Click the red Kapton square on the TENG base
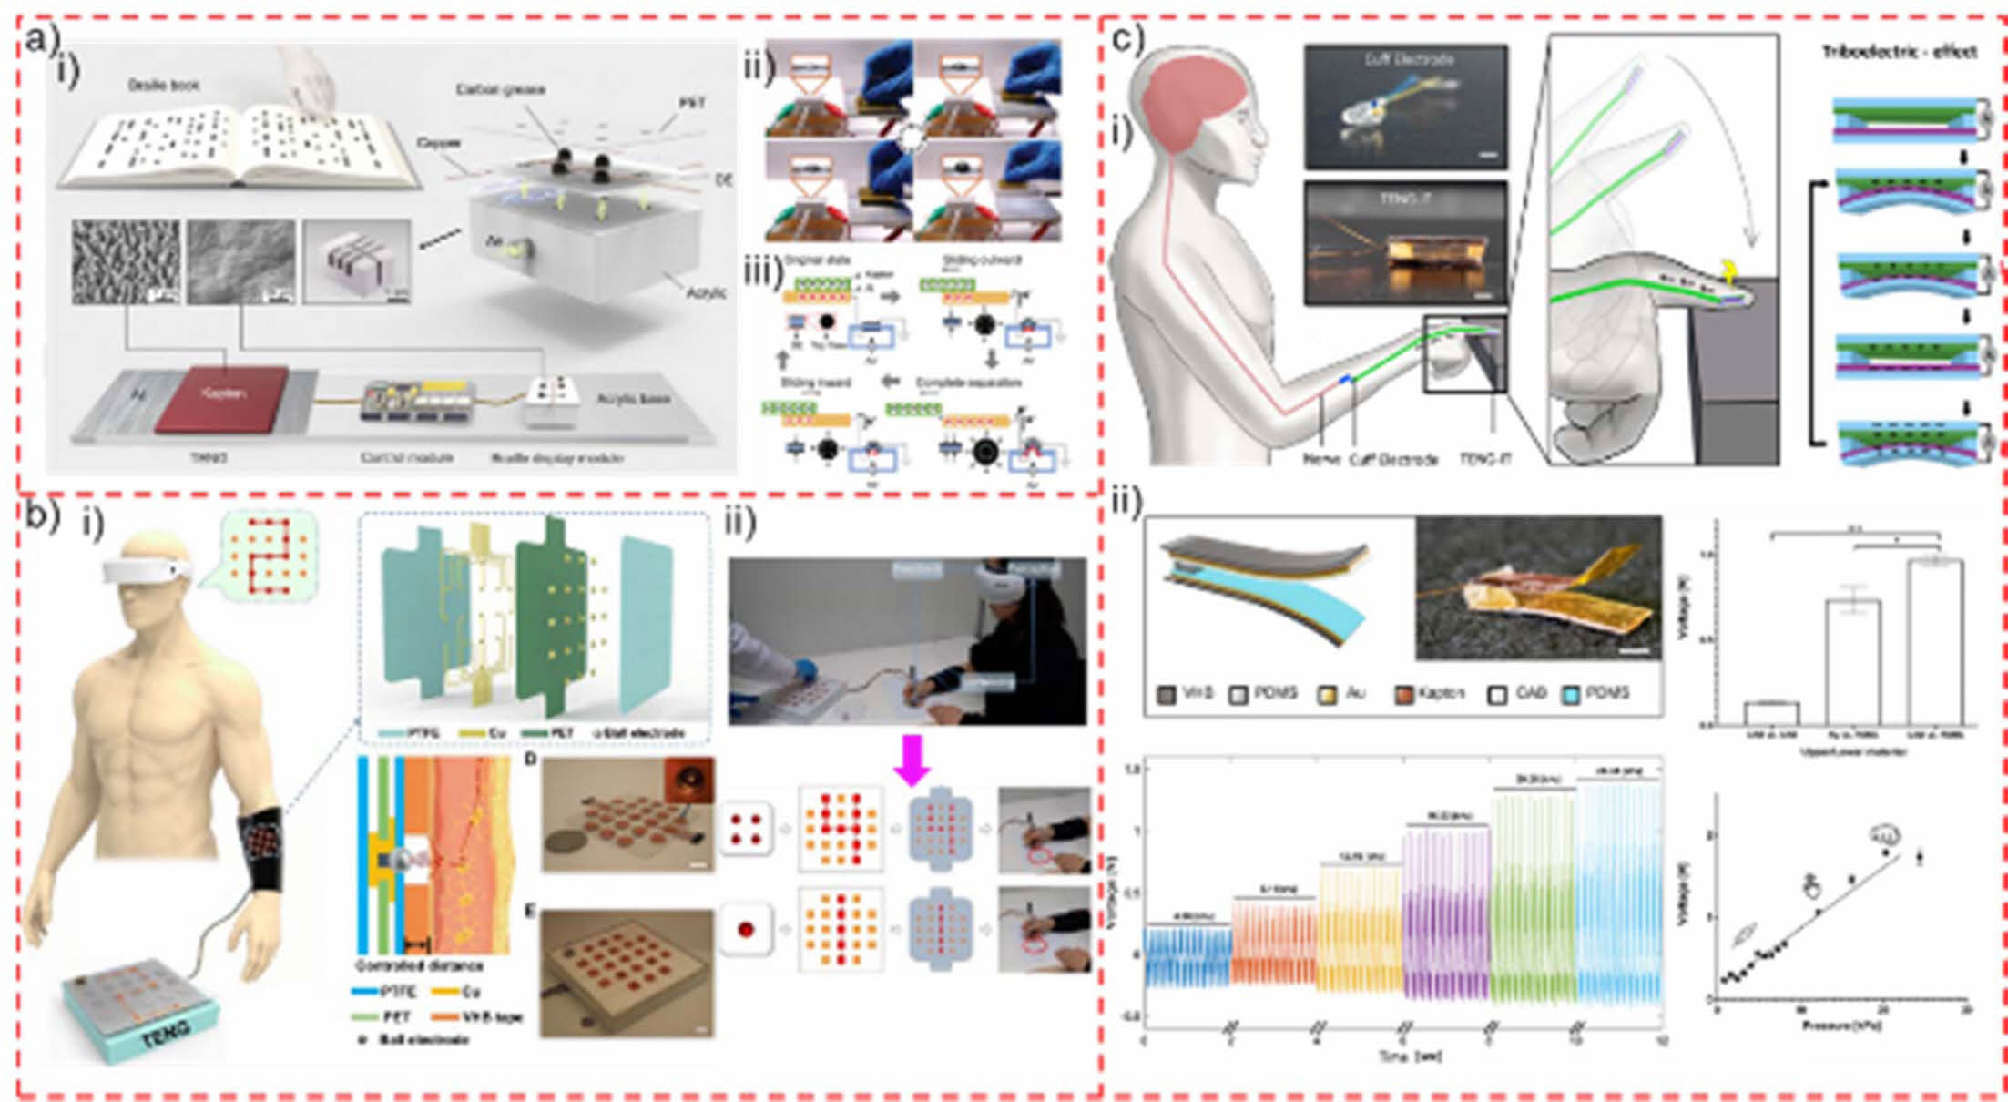click(221, 399)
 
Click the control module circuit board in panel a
click(418, 402)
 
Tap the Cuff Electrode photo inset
click(1405, 107)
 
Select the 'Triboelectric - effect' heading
click(1899, 52)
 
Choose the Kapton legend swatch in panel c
click(1403, 693)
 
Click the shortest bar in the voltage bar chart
click(1771, 713)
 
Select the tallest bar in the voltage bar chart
click(1935, 642)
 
